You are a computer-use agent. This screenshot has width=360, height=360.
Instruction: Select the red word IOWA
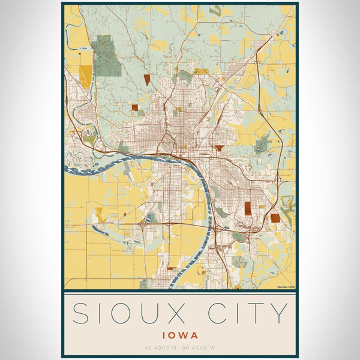(180, 336)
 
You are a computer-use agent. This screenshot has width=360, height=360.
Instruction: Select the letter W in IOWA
(187, 336)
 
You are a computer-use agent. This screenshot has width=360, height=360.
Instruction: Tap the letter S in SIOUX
(81, 314)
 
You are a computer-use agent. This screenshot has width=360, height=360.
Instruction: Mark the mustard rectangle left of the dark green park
(86, 76)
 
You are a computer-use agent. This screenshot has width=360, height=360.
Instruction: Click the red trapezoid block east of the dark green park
(147, 79)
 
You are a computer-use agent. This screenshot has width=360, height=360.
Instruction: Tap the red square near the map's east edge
(275, 218)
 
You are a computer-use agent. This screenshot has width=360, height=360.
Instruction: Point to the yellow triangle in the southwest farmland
(100, 214)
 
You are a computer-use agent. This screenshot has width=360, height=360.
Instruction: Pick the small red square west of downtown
(135, 108)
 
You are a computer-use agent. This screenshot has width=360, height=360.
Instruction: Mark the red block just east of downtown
(219, 147)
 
